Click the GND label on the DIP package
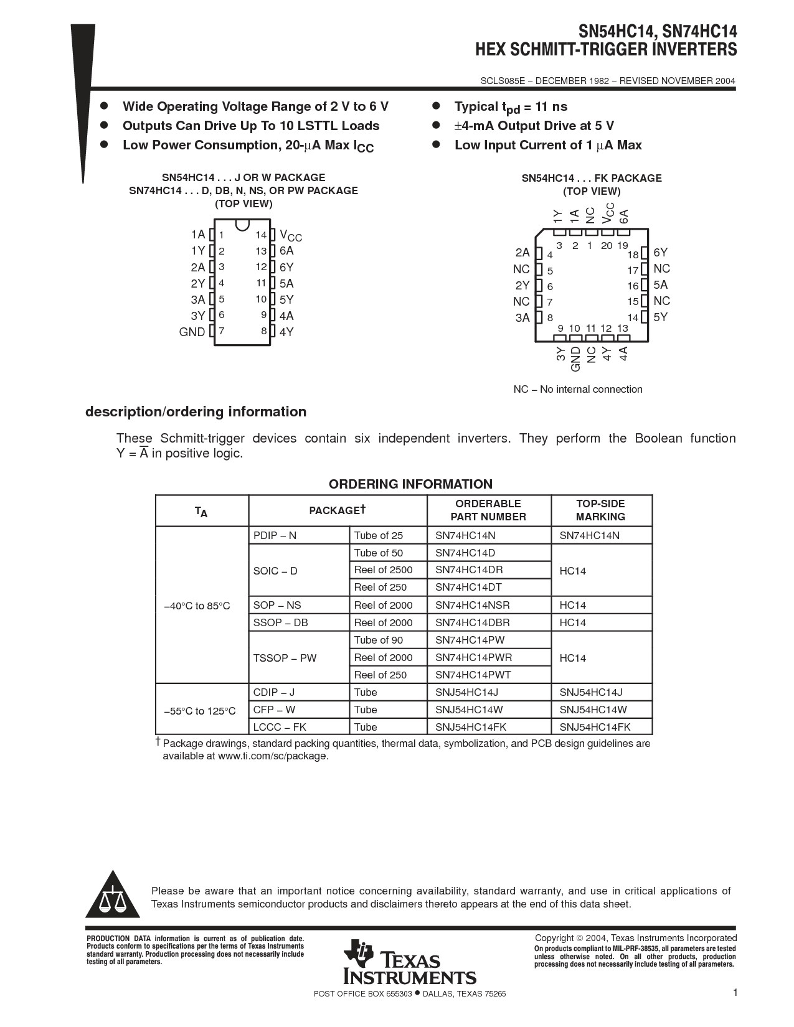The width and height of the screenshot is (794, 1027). (192, 332)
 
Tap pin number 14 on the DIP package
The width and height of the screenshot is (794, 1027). (261, 235)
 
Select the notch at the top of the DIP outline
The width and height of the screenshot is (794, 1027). (243, 223)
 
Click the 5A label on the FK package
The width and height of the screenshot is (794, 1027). (661, 285)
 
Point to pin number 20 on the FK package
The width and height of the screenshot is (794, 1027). (607, 246)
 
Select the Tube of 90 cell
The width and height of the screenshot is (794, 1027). (379, 640)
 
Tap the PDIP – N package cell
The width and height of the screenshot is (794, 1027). (275, 536)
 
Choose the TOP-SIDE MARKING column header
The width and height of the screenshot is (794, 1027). (600, 510)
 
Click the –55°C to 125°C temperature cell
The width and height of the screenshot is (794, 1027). (200, 711)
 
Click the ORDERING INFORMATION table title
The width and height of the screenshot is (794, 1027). (410, 484)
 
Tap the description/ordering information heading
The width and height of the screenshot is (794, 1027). (196, 412)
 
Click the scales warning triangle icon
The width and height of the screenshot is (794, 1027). (112, 897)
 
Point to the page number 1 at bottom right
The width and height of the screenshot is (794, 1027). (735, 993)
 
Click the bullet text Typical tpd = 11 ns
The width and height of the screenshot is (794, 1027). (511, 107)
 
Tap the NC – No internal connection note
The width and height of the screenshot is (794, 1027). (577, 390)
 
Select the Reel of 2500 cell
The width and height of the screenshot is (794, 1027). (383, 570)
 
